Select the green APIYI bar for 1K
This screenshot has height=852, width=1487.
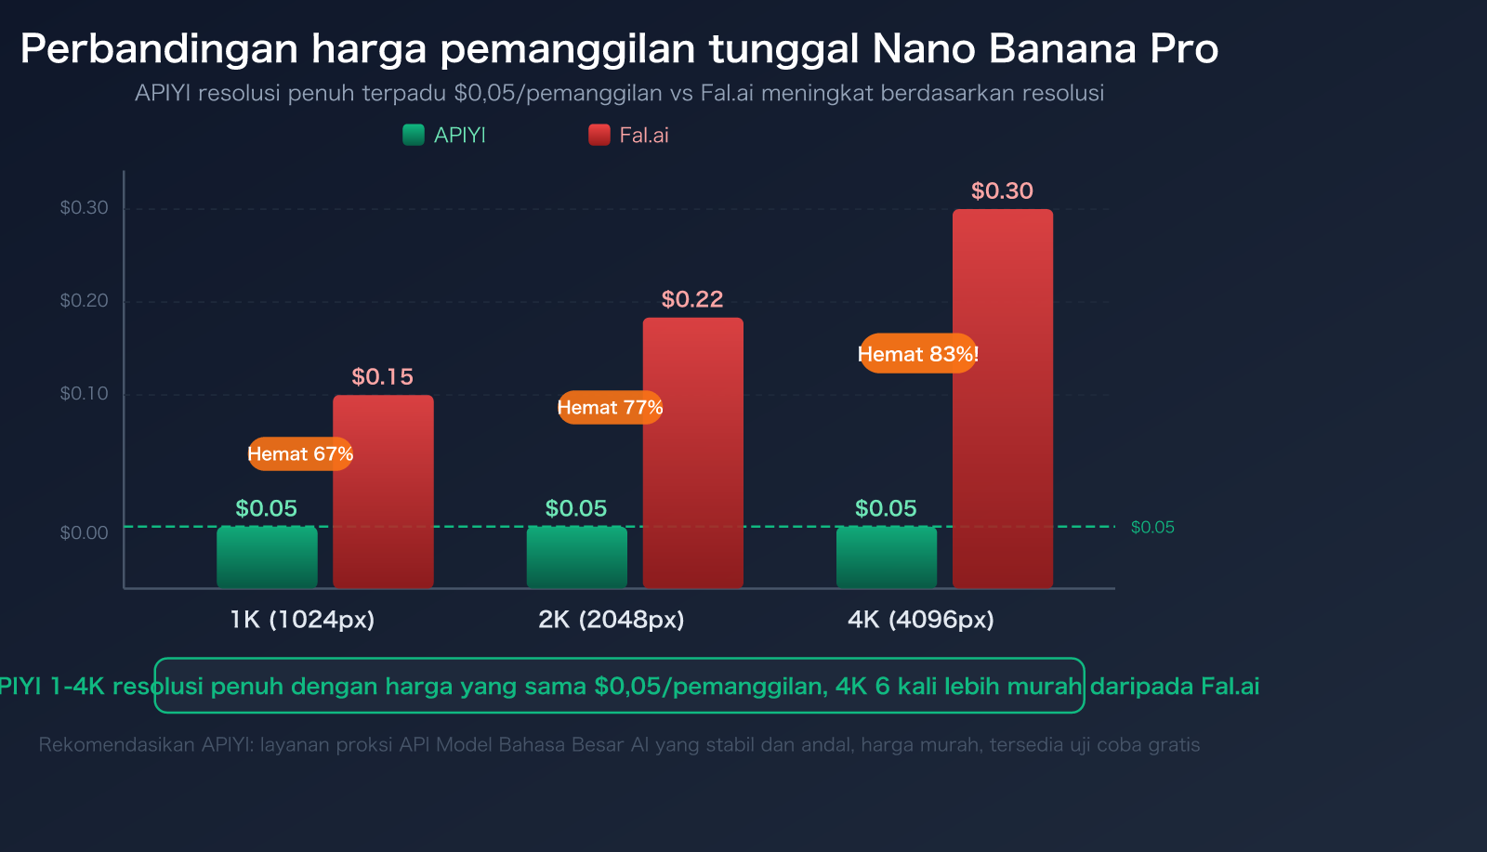(x=267, y=557)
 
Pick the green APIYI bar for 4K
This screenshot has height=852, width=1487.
(x=887, y=557)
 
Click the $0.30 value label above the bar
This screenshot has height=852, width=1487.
(x=1002, y=191)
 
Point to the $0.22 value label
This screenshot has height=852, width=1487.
(x=692, y=299)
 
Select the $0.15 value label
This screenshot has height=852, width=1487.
(x=382, y=377)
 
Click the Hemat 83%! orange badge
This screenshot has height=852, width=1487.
(x=918, y=354)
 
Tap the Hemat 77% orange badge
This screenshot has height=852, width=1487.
(x=610, y=408)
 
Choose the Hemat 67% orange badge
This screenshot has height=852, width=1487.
(x=300, y=454)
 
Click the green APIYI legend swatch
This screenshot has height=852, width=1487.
(x=414, y=136)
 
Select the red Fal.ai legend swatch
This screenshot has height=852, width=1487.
(x=599, y=136)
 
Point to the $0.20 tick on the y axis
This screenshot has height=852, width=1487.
(x=85, y=301)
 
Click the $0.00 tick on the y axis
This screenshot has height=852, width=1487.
(x=85, y=533)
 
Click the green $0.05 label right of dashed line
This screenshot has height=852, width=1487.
(x=1152, y=528)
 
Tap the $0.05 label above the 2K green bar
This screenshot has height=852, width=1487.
(x=576, y=509)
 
